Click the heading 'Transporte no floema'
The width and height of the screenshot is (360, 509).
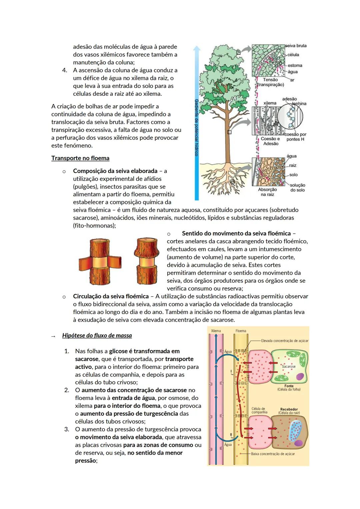(x=80, y=158)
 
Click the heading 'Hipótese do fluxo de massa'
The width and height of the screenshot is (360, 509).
(x=97, y=335)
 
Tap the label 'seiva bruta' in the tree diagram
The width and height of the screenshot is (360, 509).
(x=296, y=46)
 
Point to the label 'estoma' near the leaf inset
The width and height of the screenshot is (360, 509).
(x=295, y=65)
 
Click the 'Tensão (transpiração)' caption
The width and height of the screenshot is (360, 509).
(x=270, y=82)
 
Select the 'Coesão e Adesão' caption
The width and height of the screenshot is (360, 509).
(x=270, y=141)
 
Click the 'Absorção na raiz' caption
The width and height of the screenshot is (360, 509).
(x=267, y=192)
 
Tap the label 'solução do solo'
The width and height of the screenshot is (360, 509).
(x=297, y=187)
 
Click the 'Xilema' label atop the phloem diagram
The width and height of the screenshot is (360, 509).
(x=216, y=331)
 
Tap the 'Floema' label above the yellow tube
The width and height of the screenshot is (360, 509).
(x=241, y=331)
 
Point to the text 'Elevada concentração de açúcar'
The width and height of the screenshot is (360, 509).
(x=285, y=341)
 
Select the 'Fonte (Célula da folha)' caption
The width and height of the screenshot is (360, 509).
(x=289, y=388)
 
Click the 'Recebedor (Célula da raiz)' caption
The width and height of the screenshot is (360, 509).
(x=289, y=411)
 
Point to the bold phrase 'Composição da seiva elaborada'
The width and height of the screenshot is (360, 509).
(x=115, y=171)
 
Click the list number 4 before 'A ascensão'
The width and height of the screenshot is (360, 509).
(x=65, y=70)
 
